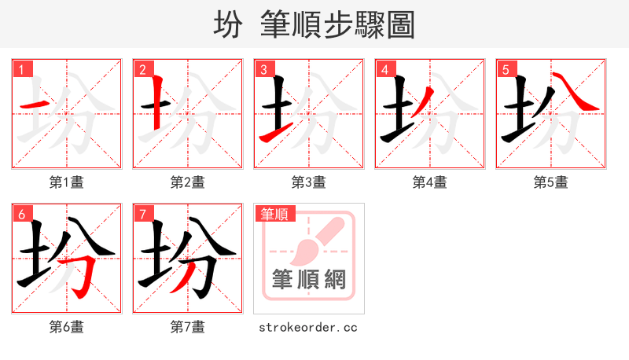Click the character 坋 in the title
pos(228,26)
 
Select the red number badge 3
pos(264,69)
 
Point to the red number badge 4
pos(385,69)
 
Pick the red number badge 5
pos(506,69)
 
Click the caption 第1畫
pos(67,182)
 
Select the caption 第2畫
pos(188,182)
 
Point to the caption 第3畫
pos(309,182)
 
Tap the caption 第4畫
pos(430,182)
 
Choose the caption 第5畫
pos(551,182)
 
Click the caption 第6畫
pos(67,327)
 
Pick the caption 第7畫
pos(188,327)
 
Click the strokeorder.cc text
pos(308,327)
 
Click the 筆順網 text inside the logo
pos(308,279)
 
